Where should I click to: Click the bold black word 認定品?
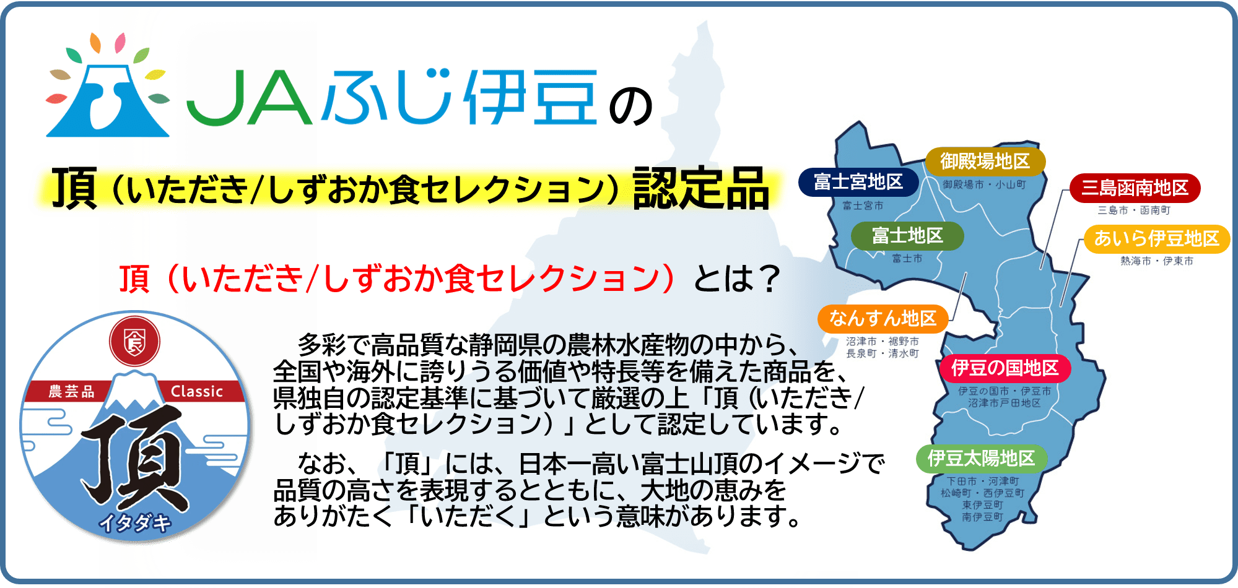pos(700,188)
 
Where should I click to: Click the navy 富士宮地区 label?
pos(858,182)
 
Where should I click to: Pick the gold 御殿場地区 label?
pos(985,162)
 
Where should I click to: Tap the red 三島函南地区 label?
pos(1135,188)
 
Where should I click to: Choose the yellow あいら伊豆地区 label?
pos(1156,238)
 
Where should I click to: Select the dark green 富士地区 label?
pos(907,236)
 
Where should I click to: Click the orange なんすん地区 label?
pos(883,319)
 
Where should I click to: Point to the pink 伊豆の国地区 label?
pos(1005,368)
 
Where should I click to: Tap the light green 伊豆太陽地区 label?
pos(981,459)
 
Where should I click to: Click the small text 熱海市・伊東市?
pos(1156,261)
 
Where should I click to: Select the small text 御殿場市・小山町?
pos(984,184)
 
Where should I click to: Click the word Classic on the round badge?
pos(196,392)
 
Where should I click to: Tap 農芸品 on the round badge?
pos(72,392)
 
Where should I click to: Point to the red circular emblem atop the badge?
pos(134,342)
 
